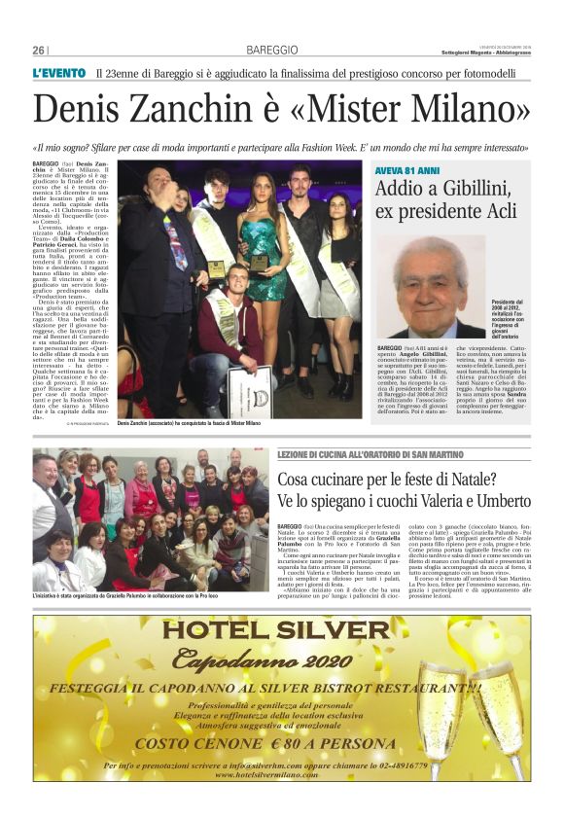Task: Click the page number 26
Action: pos(39,50)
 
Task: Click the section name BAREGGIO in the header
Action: pos(259,50)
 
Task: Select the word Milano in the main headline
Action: pos(471,110)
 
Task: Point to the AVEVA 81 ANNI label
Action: pos(406,170)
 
